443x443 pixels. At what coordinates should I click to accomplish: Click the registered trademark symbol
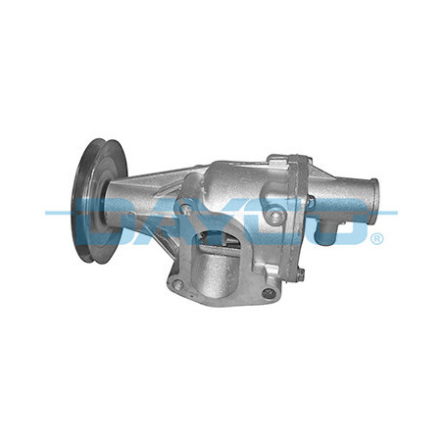tap(378, 237)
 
